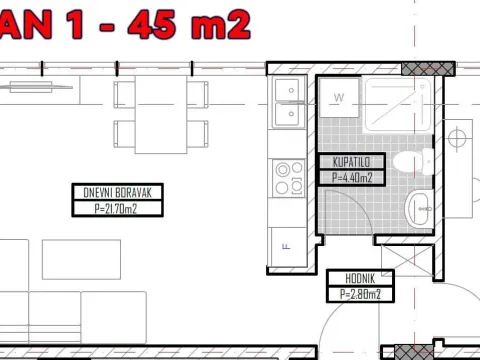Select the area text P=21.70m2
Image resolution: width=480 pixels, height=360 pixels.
[107, 209]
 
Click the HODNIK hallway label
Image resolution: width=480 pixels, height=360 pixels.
[359, 279]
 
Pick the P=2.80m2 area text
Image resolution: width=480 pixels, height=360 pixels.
[359, 294]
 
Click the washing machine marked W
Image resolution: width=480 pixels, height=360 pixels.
[339, 99]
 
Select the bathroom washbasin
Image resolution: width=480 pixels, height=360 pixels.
[418, 209]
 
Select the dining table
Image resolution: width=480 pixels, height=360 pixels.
[161, 112]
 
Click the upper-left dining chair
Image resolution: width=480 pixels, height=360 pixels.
[124, 93]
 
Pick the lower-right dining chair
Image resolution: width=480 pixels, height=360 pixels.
[198, 131]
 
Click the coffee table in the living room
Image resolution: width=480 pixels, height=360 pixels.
[81, 257]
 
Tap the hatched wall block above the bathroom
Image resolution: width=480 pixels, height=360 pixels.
[427, 68]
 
